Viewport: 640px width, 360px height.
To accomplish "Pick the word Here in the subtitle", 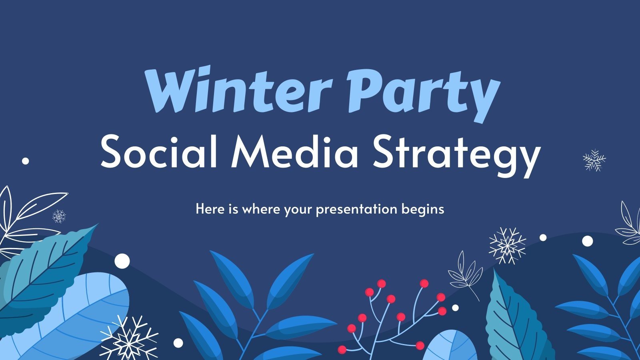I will pyautogui.click(x=208, y=209).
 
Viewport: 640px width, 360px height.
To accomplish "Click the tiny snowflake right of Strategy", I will pyautogui.click(x=594, y=160).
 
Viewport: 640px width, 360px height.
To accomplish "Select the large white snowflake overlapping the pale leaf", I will pyautogui.click(x=129, y=338).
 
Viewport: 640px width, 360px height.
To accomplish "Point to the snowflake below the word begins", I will pyautogui.click(x=507, y=246).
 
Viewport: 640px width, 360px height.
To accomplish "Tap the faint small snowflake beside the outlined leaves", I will pyautogui.click(x=59, y=216).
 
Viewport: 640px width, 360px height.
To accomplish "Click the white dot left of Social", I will pyautogui.click(x=26, y=161).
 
